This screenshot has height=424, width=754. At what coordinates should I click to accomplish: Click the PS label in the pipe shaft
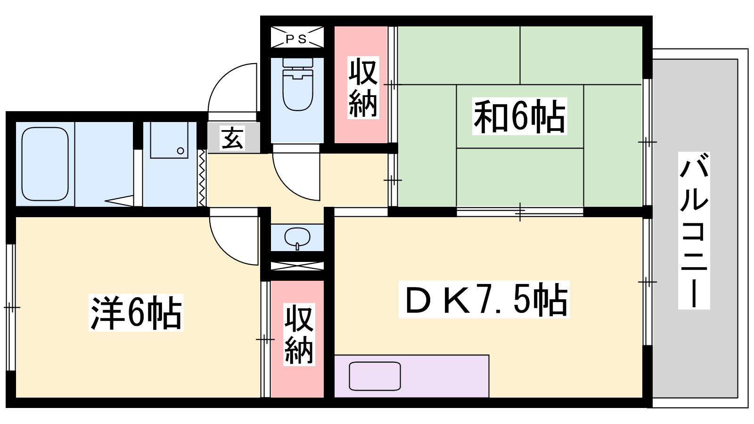(x=297, y=39)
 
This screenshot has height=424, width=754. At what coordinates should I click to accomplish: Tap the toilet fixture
(x=297, y=84)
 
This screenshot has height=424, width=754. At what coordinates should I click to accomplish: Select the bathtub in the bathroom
(x=45, y=164)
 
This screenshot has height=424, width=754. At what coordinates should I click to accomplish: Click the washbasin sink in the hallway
(x=297, y=237)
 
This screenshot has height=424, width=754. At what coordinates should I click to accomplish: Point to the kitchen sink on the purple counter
(x=375, y=376)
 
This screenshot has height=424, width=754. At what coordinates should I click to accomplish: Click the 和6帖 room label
(x=519, y=116)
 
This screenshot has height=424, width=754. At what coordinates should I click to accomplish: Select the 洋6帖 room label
(x=136, y=313)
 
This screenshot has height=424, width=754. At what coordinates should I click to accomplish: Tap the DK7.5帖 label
(x=484, y=300)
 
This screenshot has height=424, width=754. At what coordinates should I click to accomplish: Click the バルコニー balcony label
(x=694, y=230)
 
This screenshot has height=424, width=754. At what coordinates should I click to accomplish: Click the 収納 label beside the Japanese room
(x=363, y=88)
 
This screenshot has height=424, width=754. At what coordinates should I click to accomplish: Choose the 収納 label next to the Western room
(x=299, y=334)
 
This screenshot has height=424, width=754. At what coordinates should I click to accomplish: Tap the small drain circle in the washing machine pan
(x=180, y=151)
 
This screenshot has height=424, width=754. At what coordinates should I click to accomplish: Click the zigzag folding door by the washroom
(x=202, y=178)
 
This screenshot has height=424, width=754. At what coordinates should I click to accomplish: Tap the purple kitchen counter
(x=411, y=376)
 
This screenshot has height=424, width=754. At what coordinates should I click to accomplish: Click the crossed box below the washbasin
(x=297, y=266)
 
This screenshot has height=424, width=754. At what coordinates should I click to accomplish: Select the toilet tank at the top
(x=298, y=63)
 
